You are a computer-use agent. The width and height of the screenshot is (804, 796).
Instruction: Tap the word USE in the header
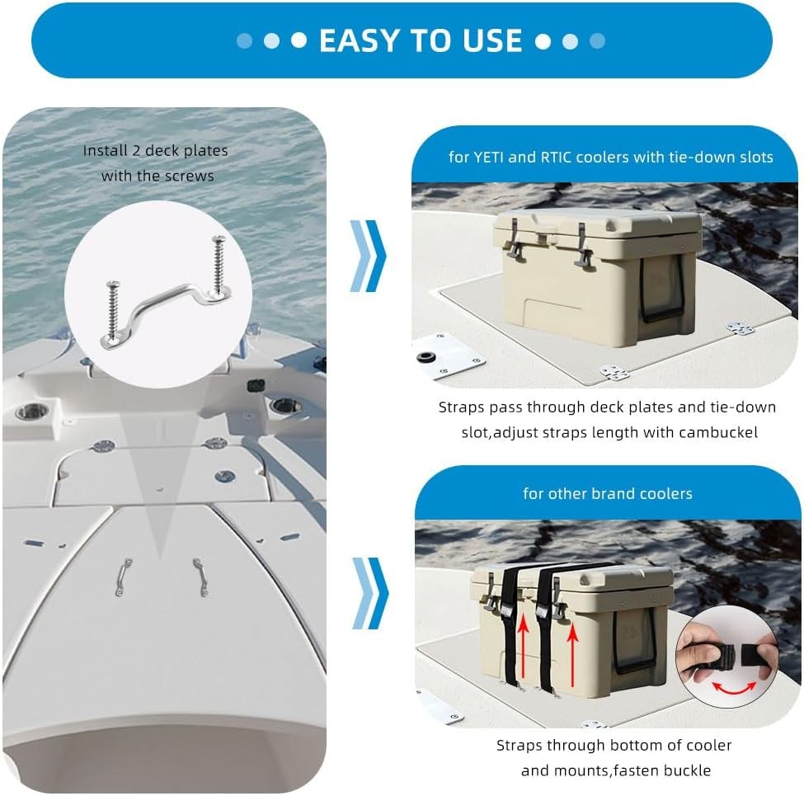(x=489, y=40)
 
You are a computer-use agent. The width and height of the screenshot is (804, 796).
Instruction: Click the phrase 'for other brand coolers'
(x=607, y=493)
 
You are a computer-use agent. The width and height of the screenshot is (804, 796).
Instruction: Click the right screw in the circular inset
(x=218, y=266)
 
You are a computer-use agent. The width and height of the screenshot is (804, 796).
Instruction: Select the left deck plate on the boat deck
(x=123, y=576)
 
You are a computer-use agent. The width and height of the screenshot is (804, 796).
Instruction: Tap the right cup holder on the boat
(x=287, y=406)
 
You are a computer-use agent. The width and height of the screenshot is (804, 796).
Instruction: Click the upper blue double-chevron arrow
(x=368, y=255)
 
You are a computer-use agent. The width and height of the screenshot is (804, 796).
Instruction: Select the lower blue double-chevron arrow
(x=368, y=592)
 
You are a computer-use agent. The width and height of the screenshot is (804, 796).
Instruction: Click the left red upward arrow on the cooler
(x=521, y=652)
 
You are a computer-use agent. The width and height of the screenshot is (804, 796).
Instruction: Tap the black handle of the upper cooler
(x=664, y=289)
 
